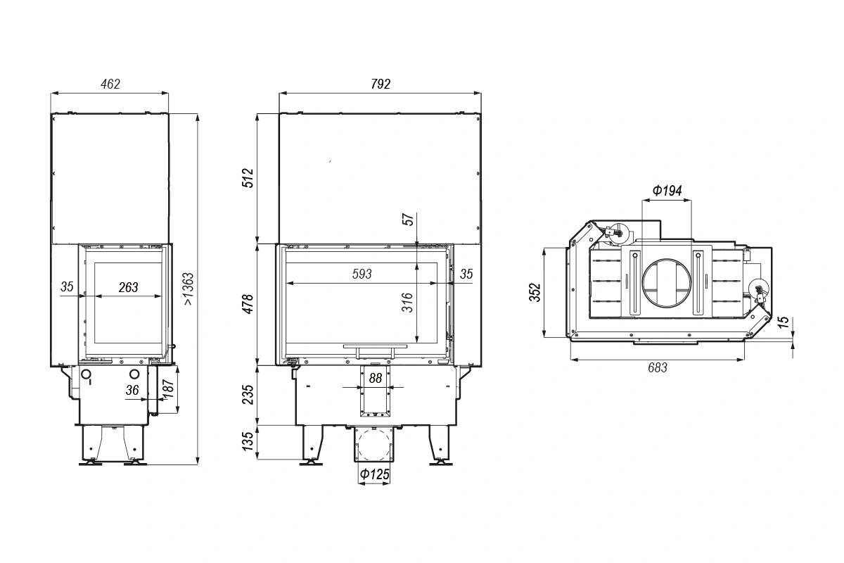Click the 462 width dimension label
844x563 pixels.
[x=110, y=84]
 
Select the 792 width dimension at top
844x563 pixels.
[x=381, y=84]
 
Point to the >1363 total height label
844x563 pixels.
[x=188, y=289]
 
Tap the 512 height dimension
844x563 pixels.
[x=248, y=178]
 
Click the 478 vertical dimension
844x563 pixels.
[x=248, y=304]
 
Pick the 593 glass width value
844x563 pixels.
[x=362, y=274]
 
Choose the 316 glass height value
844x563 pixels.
[x=408, y=302]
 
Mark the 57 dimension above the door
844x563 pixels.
[x=409, y=219]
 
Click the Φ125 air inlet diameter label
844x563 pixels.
[x=374, y=474]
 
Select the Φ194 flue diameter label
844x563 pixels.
[x=667, y=191]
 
